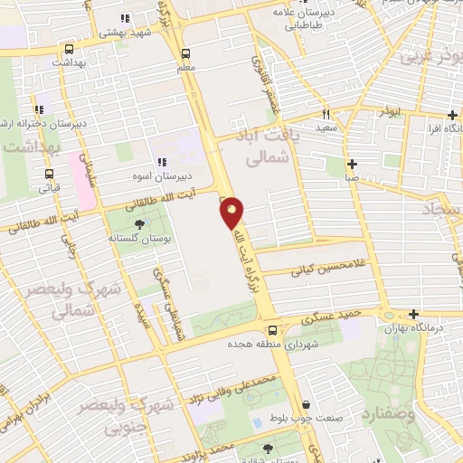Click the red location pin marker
[x=232, y=213]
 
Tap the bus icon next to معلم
[x=186, y=52]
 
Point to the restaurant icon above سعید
[x=326, y=115]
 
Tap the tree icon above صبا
[x=351, y=164]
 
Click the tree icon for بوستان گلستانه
[x=139, y=224]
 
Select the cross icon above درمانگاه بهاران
[x=414, y=315]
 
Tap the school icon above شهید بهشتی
[x=126, y=18]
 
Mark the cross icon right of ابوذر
[x=453, y=115]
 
